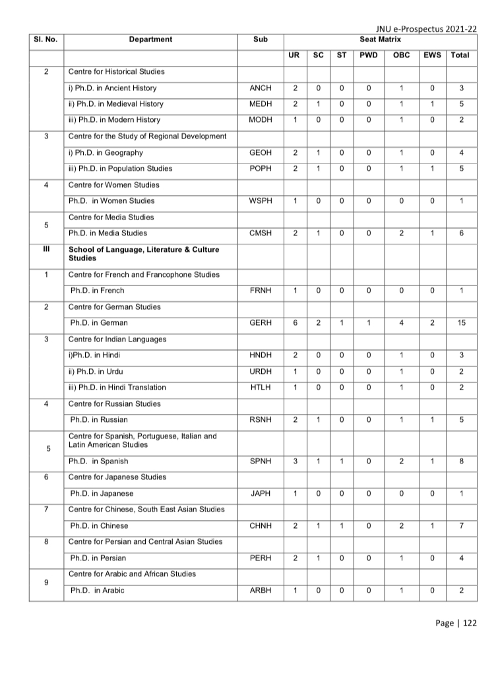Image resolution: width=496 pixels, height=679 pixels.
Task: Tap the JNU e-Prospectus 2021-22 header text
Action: click(x=426, y=30)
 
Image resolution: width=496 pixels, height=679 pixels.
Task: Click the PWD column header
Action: click(x=369, y=55)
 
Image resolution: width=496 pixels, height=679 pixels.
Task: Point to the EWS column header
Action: click(x=433, y=55)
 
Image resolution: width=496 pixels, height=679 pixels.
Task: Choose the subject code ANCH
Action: click(x=261, y=88)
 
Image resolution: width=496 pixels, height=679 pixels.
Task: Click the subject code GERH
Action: click(x=261, y=323)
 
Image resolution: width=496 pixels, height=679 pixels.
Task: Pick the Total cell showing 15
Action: click(x=461, y=323)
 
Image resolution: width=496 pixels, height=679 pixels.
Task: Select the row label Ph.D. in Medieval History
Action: click(x=115, y=104)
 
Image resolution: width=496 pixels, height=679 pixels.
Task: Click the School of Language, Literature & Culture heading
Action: click(x=144, y=254)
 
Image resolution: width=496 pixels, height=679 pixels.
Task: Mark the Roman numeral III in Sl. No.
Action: click(x=46, y=250)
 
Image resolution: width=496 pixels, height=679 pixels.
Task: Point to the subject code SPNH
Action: click(x=261, y=461)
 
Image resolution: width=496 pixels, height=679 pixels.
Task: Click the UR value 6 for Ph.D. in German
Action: click(x=295, y=323)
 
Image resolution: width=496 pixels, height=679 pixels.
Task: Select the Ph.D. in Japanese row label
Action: click(x=102, y=493)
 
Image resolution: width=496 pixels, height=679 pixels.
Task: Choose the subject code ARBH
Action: click(x=261, y=590)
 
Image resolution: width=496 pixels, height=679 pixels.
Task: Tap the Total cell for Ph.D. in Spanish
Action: click(x=461, y=461)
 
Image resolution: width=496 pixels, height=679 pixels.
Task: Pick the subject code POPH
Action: click(x=261, y=169)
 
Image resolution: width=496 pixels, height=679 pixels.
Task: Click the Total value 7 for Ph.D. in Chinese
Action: click(x=461, y=526)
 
